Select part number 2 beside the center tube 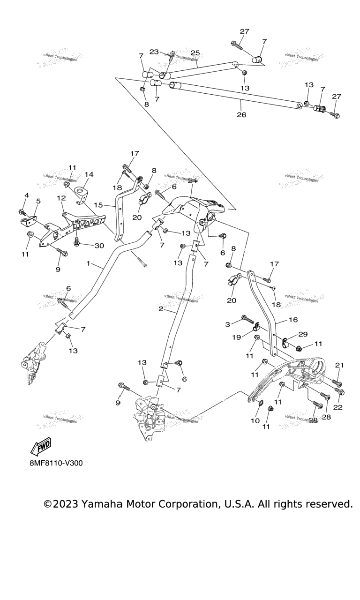[161, 309]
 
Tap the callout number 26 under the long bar [241, 114]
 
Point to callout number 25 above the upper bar [195, 53]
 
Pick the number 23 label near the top [154, 52]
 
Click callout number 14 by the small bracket [89, 174]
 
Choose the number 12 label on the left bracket [61, 198]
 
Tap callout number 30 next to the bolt [99, 246]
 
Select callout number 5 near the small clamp [38, 201]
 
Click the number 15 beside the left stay [97, 205]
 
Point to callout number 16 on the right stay [293, 320]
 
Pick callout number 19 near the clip [236, 337]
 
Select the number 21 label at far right [339, 365]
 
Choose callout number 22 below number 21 [338, 407]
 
